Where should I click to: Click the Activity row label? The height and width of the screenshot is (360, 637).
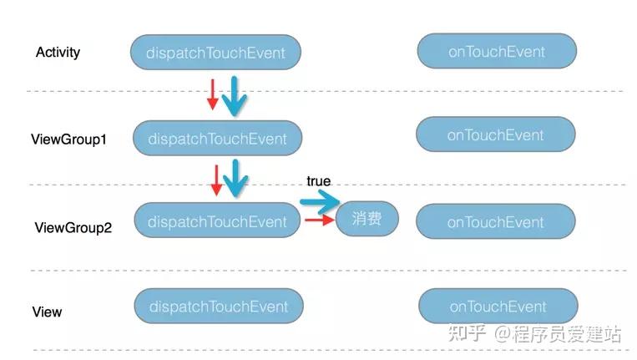point(58,53)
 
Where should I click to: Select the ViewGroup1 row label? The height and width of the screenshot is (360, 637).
point(68,139)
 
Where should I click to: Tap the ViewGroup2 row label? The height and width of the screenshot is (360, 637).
point(73,227)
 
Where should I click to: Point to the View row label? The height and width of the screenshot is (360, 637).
point(47,312)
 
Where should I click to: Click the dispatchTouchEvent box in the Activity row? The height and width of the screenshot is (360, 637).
point(215,53)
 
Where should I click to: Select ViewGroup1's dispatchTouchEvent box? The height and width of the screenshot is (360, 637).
point(216,139)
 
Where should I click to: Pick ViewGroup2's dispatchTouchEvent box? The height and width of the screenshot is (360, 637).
point(217,221)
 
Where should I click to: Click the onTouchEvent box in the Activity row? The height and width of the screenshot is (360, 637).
point(497,51)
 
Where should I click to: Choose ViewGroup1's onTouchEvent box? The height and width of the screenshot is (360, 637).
point(496,134)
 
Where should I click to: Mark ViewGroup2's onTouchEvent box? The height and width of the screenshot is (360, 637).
point(496,221)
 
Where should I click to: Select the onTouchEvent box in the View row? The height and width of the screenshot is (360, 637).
point(498,306)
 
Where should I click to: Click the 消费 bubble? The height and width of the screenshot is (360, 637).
point(367,219)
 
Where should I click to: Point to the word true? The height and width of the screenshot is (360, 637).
point(318,181)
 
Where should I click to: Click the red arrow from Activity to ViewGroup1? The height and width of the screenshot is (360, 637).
point(212,94)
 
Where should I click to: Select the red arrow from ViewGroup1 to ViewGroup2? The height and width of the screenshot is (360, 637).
point(216,180)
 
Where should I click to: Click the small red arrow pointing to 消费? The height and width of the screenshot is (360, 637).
point(319,221)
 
